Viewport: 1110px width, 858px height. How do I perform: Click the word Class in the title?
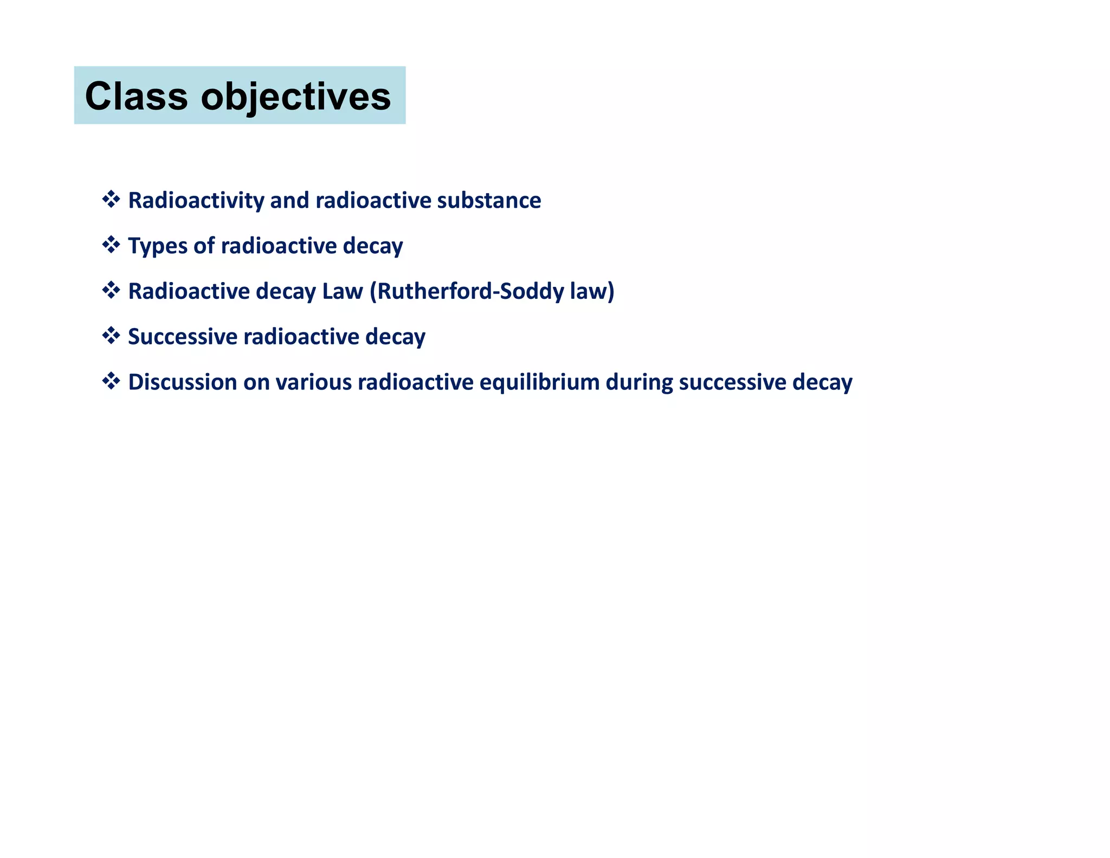[136, 97]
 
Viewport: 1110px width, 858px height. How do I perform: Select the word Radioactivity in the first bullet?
[196, 201]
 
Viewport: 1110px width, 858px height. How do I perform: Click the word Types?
[157, 246]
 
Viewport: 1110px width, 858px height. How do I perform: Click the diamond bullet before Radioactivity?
[111, 200]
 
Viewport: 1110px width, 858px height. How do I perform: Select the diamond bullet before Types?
[111, 245]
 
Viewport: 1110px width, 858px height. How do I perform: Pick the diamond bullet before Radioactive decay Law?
[111, 290]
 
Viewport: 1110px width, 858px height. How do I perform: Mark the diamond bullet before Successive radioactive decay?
[111, 336]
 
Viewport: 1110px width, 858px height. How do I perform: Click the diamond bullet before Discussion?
[111, 381]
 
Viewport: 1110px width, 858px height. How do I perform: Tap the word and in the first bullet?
[289, 201]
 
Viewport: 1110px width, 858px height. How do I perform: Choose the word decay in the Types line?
[373, 246]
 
